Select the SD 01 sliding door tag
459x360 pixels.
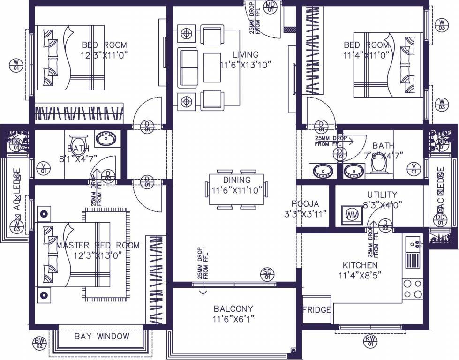(x=267, y=274)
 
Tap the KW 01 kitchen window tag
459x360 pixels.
(x=370, y=341)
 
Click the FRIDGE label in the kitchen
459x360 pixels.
(x=316, y=310)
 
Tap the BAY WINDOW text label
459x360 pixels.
(x=102, y=337)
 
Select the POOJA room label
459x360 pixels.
(x=305, y=204)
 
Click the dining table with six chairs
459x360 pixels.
(x=237, y=189)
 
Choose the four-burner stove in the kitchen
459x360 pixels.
(x=413, y=288)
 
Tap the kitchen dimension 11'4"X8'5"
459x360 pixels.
(x=360, y=275)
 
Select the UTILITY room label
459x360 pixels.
(x=382, y=195)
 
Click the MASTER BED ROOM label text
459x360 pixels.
(x=98, y=245)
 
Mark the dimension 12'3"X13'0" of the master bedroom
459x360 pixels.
(x=98, y=255)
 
